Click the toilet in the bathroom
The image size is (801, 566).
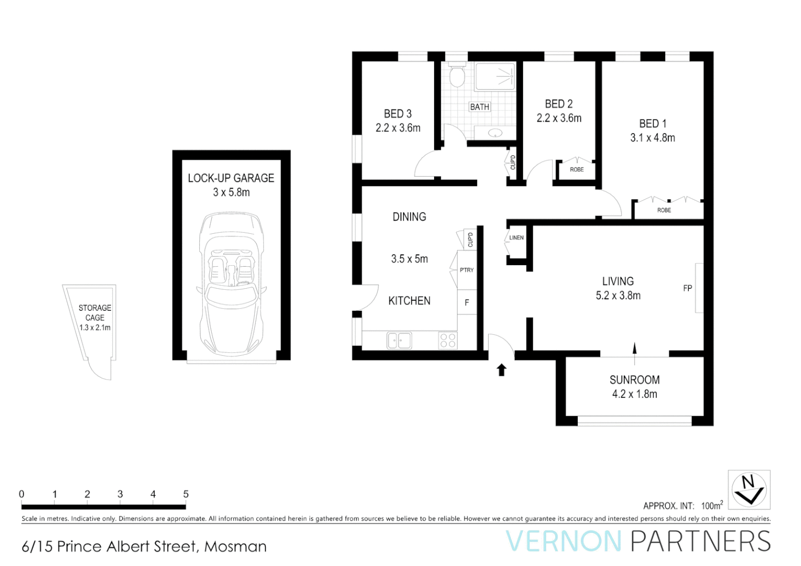point(457,76)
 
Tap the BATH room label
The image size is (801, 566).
point(479,107)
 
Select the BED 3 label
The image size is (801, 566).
point(397,114)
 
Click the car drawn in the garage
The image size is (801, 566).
point(231,283)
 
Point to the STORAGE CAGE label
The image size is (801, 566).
point(95,312)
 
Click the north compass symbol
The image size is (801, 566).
point(749,489)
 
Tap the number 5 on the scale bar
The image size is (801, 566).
point(186,494)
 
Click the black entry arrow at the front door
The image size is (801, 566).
point(502,370)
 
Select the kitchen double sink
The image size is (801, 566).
point(399,341)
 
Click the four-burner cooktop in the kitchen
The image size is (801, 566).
point(448,341)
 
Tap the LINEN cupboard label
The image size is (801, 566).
point(516,238)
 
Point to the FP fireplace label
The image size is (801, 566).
point(687,288)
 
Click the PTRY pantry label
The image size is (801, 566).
point(467,270)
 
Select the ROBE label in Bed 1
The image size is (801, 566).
point(664,210)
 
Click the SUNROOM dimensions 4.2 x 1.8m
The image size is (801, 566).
point(634,394)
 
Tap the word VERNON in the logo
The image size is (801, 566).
point(564,541)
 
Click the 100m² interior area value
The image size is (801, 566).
point(712,505)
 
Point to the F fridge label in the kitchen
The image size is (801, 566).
point(467,302)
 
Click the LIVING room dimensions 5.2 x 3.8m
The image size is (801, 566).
point(618,296)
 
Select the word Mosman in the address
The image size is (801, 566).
point(235,547)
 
